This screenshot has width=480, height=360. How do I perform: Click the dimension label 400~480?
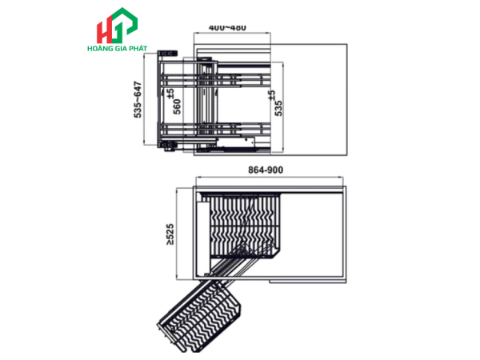click(x=227, y=27)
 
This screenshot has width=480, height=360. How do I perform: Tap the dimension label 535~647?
click(x=138, y=99)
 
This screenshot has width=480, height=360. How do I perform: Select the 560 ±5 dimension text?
click(x=174, y=102)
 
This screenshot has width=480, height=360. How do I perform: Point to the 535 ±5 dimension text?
click(x=275, y=103)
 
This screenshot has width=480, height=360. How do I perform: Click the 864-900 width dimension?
click(x=266, y=170)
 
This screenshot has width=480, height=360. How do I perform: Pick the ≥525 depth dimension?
click(x=170, y=234)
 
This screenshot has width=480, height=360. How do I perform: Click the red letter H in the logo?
click(x=105, y=32)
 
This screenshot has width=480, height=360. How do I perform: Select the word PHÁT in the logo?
click(x=138, y=48)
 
